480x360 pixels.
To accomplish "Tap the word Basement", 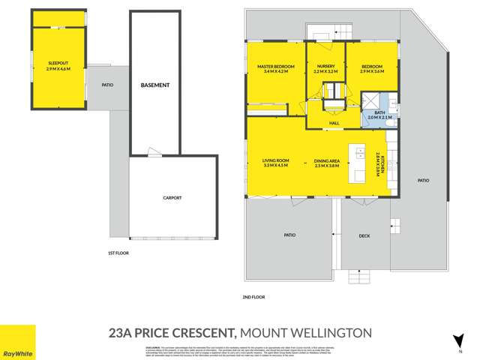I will tap(155, 85).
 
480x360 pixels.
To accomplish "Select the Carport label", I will tap(172, 198).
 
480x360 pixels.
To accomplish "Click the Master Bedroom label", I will tap(275, 67).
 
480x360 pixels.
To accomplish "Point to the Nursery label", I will tap(325, 67).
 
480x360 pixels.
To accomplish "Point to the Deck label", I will tap(364, 236).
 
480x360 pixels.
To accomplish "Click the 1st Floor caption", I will tap(118, 253).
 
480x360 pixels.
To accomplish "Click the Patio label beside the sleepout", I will tap(107, 85).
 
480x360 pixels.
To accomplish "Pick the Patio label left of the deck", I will tap(289, 235).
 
